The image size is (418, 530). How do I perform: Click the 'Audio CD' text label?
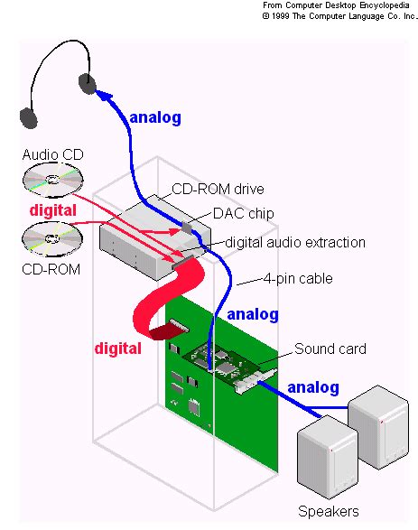coord(52,155)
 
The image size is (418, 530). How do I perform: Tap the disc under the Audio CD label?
coord(51,181)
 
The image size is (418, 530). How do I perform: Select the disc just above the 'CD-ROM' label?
coord(51,240)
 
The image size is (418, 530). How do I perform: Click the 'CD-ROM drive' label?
coord(218,189)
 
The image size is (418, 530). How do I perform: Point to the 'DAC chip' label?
coord(243,213)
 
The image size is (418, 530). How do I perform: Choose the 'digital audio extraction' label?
coord(294,242)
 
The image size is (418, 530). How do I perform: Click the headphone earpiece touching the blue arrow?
coord(87,84)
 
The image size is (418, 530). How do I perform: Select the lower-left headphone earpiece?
coord(29,116)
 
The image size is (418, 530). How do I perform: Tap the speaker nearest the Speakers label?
coord(327,456)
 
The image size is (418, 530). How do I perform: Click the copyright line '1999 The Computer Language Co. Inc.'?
coord(339,15)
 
